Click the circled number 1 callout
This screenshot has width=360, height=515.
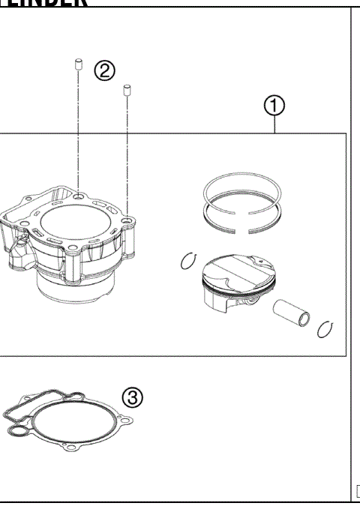(276, 106)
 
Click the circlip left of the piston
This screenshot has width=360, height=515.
(187, 262)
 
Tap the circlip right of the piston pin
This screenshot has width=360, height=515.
(325, 329)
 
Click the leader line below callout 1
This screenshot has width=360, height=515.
(276, 125)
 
